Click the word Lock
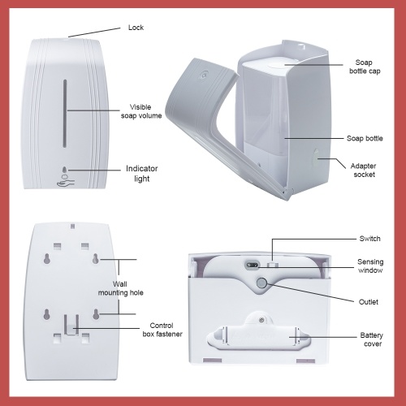click(136, 28)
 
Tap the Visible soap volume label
click(141, 111)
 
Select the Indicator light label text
click(142, 174)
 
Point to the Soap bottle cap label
click(365, 67)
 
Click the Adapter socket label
click(364, 170)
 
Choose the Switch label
click(369, 239)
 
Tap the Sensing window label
click(370, 266)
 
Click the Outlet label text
click(369, 302)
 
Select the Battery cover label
click(372, 339)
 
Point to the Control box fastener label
click(162, 330)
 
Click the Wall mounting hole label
click(120, 288)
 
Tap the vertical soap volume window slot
click(65, 114)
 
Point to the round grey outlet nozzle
click(261, 283)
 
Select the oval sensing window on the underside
click(253, 265)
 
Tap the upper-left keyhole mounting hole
click(46, 259)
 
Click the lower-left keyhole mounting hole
click(46, 314)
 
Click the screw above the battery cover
click(261, 320)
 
